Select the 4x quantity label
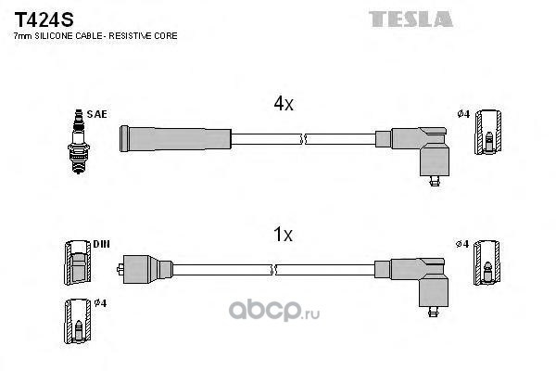pyautogui.click(x=283, y=105)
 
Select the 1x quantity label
pyautogui.click(x=283, y=236)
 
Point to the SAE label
pyautogui.click(x=98, y=114)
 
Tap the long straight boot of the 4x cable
pyautogui.click(x=175, y=139)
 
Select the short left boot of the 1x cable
pyautogui.click(x=147, y=269)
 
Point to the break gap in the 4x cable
pyautogui.click(x=304, y=139)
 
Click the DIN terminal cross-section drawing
pyautogui.click(x=78, y=265)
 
